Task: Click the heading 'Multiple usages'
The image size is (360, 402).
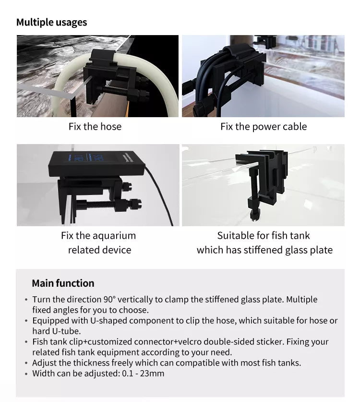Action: pyautogui.click(x=51, y=22)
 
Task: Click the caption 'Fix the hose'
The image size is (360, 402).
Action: pyautogui.click(x=95, y=127)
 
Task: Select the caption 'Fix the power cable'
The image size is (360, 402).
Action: pyautogui.click(x=264, y=127)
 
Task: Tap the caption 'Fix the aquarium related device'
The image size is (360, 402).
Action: pyautogui.click(x=99, y=243)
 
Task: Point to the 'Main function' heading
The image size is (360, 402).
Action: pyautogui.click(x=63, y=283)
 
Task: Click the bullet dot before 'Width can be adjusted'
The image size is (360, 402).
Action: pyautogui.click(x=26, y=374)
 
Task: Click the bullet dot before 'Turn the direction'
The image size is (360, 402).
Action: pyautogui.click(x=26, y=300)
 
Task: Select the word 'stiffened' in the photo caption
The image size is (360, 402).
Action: pyautogui.click(x=272, y=250)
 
